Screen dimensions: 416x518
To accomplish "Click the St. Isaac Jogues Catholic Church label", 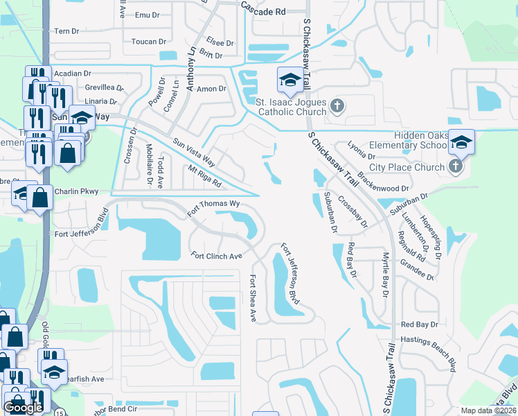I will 291,107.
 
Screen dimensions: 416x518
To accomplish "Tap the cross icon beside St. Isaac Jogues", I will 337,106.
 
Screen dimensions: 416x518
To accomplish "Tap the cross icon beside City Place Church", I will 455,166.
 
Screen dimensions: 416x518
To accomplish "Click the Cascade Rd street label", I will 263,12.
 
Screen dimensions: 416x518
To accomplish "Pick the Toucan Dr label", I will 145,42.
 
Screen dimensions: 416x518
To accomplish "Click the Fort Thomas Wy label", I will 215,205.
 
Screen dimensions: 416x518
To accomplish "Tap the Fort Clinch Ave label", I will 217,256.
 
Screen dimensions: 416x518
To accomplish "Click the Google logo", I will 23,408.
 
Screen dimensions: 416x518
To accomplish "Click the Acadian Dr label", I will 73,73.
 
